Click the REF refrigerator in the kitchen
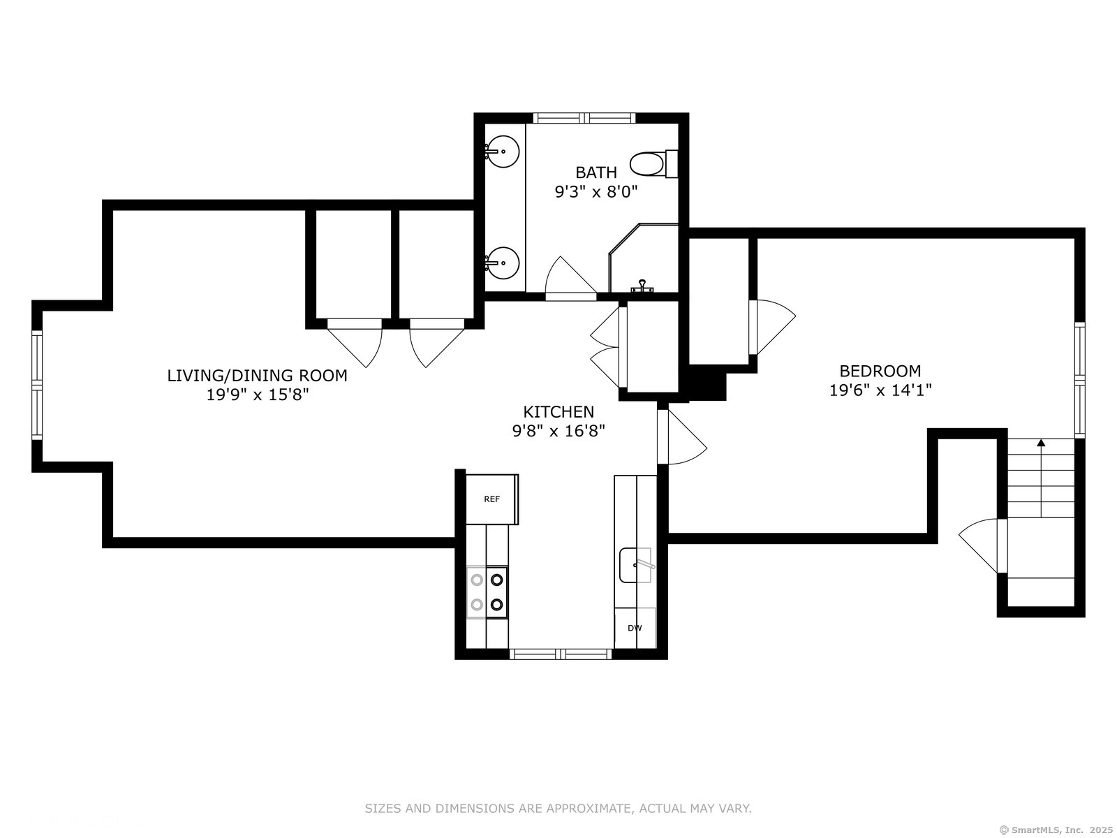pos(491,499)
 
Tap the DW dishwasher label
pos(635,628)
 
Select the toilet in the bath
pos(653,164)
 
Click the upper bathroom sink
pos(501,152)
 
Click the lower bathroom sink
pos(501,263)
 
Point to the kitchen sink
pos(635,565)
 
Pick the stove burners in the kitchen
pos(487,592)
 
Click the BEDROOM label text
pos(880,370)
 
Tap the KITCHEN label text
pos(558,411)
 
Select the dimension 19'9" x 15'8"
pos(258,395)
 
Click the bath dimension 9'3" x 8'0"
pos(596,192)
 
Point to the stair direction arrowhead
pos(1041,443)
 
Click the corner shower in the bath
pos(644,258)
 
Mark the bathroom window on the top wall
pos(584,118)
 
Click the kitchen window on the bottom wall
pos(561,654)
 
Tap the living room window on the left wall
pos(36,385)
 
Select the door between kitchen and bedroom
pos(682,436)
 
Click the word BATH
pos(596,172)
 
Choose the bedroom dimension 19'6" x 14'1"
pos(880,390)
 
